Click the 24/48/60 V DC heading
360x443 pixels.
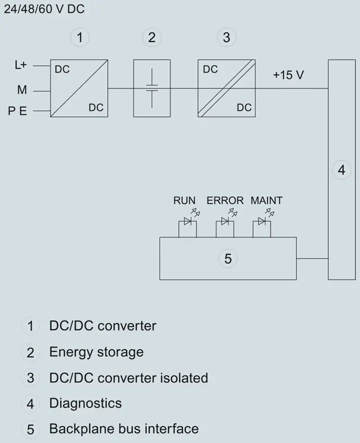click(x=37, y=10)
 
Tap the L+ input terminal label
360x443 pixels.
click(x=20, y=65)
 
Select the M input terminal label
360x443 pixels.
click(x=22, y=90)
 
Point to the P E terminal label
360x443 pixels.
click(x=17, y=111)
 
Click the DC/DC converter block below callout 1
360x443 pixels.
click(x=79, y=88)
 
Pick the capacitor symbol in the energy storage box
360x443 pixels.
click(x=152, y=88)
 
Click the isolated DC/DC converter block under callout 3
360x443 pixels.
click(x=227, y=88)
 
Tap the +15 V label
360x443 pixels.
click(x=289, y=75)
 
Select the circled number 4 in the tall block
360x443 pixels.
click(x=341, y=170)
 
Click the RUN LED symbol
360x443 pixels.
click(x=188, y=221)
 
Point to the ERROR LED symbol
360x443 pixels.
click(x=226, y=221)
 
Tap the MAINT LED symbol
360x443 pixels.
click(x=262, y=221)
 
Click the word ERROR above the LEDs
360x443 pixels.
click(x=225, y=200)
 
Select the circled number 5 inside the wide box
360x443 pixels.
click(x=228, y=259)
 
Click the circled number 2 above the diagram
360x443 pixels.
click(x=151, y=38)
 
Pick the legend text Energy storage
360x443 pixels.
click(x=96, y=352)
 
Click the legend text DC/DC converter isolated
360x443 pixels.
click(x=128, y=378)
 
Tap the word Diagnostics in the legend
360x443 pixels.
click(x=85, y=403)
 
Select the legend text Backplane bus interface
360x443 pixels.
click(x=124, y=428)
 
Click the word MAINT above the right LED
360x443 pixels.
click(x=267, y=200)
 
